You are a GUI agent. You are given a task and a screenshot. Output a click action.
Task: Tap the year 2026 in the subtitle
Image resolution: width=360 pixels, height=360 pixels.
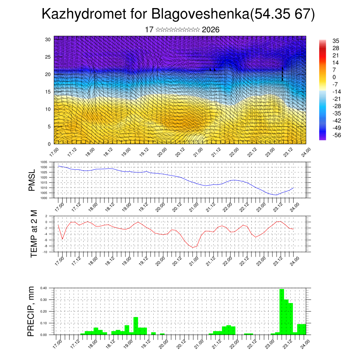(x=211, y=30)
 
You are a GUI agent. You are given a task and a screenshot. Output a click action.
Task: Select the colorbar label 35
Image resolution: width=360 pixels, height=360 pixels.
(x=336, y=41)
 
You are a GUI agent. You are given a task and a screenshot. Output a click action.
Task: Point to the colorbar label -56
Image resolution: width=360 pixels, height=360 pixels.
(x=336, y=135)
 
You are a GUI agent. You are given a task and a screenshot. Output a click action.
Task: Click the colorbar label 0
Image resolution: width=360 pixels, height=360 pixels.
(x=334, y=77)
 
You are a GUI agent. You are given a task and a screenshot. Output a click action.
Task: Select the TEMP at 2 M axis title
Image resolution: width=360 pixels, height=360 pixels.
(x=34, y=233)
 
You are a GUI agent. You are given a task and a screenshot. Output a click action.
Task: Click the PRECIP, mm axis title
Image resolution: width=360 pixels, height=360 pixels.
(x=32, y=311)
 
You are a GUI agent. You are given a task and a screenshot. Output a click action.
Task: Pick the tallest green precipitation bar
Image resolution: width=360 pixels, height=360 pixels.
(x=282, y=311)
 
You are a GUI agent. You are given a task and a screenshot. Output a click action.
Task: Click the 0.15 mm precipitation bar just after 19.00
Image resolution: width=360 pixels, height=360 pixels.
(x=136, y=326)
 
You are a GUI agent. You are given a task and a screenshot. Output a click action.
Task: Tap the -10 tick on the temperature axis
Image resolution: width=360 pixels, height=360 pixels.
(x=45, y=252)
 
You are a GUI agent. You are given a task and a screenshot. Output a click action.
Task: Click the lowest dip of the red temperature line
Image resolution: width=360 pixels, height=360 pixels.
(x=193, y=247)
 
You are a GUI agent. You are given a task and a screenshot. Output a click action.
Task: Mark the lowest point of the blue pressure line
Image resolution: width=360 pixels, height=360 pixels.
(x=276, y=195)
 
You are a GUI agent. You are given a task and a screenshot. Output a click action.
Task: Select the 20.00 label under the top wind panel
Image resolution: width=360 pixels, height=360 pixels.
(x=162, y=153)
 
